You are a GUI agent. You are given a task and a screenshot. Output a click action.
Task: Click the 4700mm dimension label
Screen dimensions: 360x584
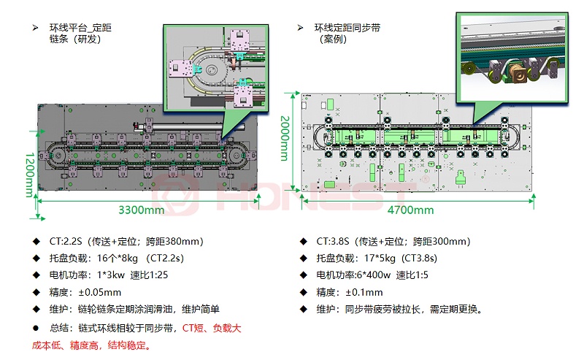(x=410, y=210)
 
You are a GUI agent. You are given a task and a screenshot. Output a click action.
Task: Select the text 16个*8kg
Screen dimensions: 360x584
(x=118, y=258)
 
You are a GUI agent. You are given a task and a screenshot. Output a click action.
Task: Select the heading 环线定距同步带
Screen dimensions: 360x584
(x=347, y=28)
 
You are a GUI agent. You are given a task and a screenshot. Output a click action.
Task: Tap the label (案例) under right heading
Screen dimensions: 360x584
(x=336, y=39)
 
